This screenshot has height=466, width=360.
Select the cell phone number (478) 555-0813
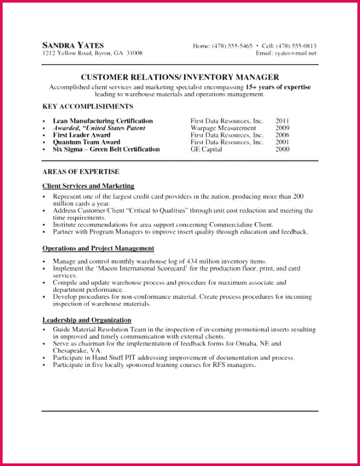[x=297, y=46]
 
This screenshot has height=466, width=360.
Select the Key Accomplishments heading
[x=87, y=105]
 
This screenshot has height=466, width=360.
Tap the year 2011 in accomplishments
[x=282, y=121]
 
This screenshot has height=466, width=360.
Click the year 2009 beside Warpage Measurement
[x=282, y=128]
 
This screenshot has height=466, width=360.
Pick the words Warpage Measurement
[x=218, y=128]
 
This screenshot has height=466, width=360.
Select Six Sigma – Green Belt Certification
[x=106, y=149]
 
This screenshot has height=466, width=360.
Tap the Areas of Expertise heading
[x=80, y=172]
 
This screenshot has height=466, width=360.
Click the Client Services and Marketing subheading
[x=88, y=186]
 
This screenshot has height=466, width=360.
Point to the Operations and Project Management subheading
[x=98, y=248]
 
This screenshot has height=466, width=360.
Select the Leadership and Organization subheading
[x=87, y=320]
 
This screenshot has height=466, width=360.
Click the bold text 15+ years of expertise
[x=278, y=87]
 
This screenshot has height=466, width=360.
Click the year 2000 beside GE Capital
[x=282, y=149]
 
